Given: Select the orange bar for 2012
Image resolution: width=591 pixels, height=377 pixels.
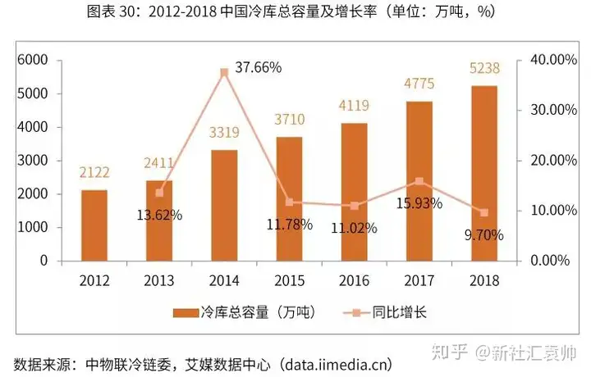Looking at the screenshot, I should click(94, 225).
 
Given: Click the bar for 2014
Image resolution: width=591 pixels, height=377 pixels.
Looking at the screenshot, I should click(224, 205).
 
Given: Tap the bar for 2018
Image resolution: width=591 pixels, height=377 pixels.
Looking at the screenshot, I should click(484, 173).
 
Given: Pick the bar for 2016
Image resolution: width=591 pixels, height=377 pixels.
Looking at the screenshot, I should click(355, 192).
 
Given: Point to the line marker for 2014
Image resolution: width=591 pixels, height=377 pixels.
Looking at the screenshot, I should click(224, 72).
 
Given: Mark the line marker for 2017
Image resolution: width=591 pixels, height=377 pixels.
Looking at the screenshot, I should click(419, 181).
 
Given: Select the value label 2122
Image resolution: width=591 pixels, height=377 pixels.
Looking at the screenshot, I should click(94, 172).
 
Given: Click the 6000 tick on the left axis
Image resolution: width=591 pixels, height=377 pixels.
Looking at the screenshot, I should click(34, 60).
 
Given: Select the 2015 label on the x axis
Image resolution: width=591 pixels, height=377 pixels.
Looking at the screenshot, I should click(289, 281).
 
